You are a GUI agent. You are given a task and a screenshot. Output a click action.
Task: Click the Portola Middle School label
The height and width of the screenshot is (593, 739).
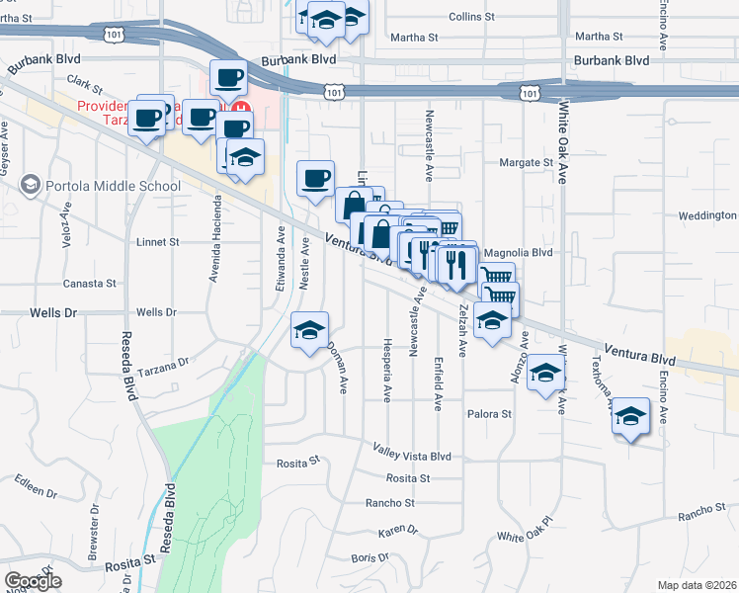click(x=113, y=186)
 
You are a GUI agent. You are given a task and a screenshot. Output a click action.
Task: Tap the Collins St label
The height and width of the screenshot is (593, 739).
click(x=471, y=17)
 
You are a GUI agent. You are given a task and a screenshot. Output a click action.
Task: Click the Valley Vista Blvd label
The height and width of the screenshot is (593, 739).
click(x=411, y=456)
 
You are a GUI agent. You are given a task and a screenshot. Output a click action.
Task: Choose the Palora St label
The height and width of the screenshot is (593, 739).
click(x=490, y=414)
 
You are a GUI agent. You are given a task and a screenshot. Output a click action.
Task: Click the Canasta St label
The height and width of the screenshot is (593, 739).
click(x=90, y=284)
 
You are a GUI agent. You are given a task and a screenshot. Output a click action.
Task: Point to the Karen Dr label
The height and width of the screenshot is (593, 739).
click(x=398, y=531)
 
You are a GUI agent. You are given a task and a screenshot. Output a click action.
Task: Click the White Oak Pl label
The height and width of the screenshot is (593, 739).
click(x=524, y=530)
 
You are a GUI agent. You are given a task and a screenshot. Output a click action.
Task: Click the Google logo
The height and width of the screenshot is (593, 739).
click(x=33, y=581)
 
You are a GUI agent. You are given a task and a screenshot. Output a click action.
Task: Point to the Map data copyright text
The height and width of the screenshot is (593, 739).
click(x=697, y=585)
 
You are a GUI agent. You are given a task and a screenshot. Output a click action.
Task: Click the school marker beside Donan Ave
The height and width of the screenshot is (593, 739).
click(x=309, y=331)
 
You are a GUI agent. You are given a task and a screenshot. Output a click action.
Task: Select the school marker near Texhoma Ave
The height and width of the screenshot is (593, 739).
click(x=630, y=417)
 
